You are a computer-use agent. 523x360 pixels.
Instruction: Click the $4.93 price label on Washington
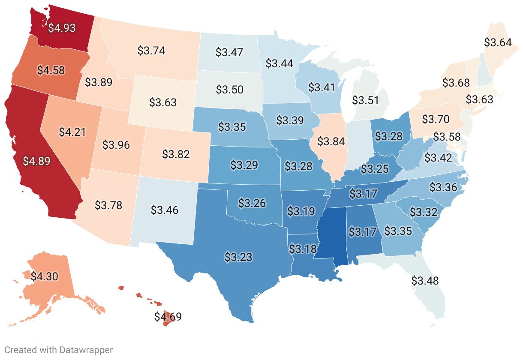(62, 28)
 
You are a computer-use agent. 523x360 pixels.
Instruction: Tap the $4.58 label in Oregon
(51, 70)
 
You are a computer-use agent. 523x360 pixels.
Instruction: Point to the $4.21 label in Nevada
(72, 132)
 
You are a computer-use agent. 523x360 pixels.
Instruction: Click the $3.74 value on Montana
(151, 50)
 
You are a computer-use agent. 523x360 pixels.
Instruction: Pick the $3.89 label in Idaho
(99, 82)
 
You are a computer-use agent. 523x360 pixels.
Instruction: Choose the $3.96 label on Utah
(116, 144)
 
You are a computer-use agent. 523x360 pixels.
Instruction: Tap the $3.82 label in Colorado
(176, 154)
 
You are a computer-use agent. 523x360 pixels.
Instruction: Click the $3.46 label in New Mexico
(165, 210)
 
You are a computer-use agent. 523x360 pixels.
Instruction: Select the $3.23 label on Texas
(238, 257)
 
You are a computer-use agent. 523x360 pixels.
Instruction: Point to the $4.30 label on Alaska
(44, 276)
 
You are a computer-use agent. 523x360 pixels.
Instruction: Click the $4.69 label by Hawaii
(168, 317)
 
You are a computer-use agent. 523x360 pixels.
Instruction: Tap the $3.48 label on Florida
(425, 281)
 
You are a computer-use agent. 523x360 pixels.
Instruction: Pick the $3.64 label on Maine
(498, 42)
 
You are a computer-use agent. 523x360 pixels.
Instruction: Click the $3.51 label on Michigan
(366, 100)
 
